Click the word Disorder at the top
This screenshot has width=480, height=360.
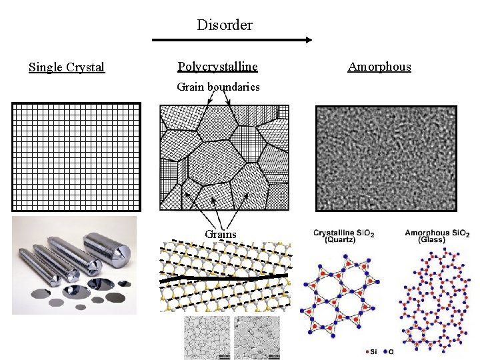click(x=225, y=25)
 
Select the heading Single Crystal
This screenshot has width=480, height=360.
click(x=67, y=67)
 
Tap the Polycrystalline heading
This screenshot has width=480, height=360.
click(x=217, y=67)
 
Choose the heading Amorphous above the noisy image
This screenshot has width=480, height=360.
click(x=379, y=67)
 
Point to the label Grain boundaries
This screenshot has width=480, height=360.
click(x=218, y=87)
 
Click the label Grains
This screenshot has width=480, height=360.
click(x=220, y=234)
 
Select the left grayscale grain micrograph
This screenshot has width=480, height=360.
click(x=207, y=337)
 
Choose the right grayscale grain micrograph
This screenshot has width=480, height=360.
click(x=260, y=337)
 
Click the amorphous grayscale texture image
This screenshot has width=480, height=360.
click(x=387, y=158)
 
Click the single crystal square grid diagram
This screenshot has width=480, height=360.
click(x=77, y=157)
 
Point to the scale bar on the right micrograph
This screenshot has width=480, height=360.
click(x=278, y=357)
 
